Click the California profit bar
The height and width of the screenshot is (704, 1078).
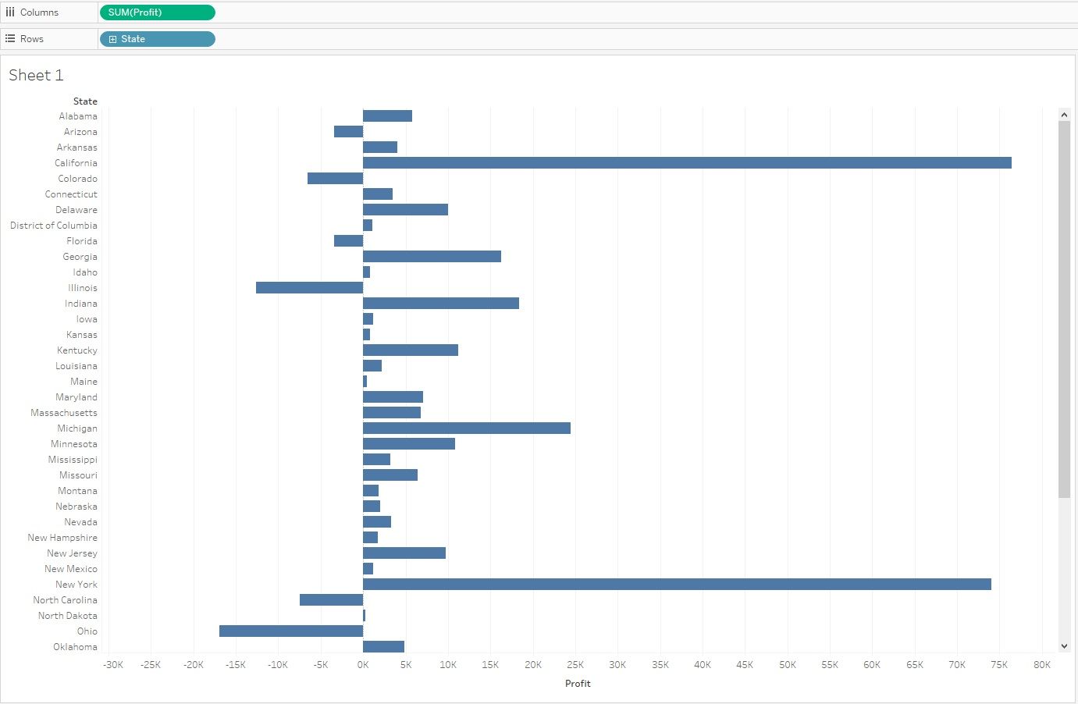click(x=687, y=163)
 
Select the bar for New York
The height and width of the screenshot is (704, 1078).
click(x=677, y=585)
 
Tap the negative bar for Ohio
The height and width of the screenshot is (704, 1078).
click(x=291, y=631)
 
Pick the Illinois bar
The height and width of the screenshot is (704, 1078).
click(x=309, y=288)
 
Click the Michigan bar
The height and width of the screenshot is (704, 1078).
click(x=467, y=428)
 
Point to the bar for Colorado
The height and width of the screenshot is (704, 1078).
click(x=335, y=179)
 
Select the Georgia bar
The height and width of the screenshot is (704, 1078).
click(x=432, y=257)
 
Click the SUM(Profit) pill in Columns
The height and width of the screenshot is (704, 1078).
click(x=157, y=12)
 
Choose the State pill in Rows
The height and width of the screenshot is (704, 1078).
click(x=157, y=39)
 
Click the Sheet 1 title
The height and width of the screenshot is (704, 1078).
click(x=36, y=76)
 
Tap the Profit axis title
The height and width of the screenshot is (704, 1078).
click(x=578, y=684)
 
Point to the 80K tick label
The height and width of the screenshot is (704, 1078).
click(x=1041, y=665)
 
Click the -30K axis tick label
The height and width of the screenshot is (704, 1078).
click(x=113, y=665)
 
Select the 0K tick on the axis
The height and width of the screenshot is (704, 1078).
click(x=363, y=665)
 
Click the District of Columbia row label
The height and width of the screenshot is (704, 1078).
click(x=54, y=226)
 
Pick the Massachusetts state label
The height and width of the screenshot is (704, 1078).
click(x=64, y=413)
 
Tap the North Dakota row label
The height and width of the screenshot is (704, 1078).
click(x=68, y=616)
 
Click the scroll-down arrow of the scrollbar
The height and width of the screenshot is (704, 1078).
click(x=1064, y=646)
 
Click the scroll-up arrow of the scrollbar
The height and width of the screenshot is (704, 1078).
click(x=1064, y=115)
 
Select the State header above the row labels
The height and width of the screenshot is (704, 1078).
click(x=85, y=101)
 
